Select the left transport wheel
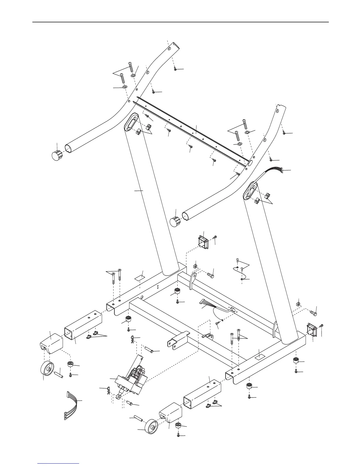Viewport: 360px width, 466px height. tap(47, 369)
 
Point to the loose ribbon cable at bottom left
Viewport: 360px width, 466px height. tap(71, 402)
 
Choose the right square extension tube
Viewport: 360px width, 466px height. tap(202, 393)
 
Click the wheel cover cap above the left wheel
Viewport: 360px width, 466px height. tap(51, 343)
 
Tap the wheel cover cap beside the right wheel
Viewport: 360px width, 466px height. tap(171, 412)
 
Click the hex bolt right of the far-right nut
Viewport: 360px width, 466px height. tap(313, 313)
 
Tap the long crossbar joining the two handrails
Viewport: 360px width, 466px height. tap(191, 132)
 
